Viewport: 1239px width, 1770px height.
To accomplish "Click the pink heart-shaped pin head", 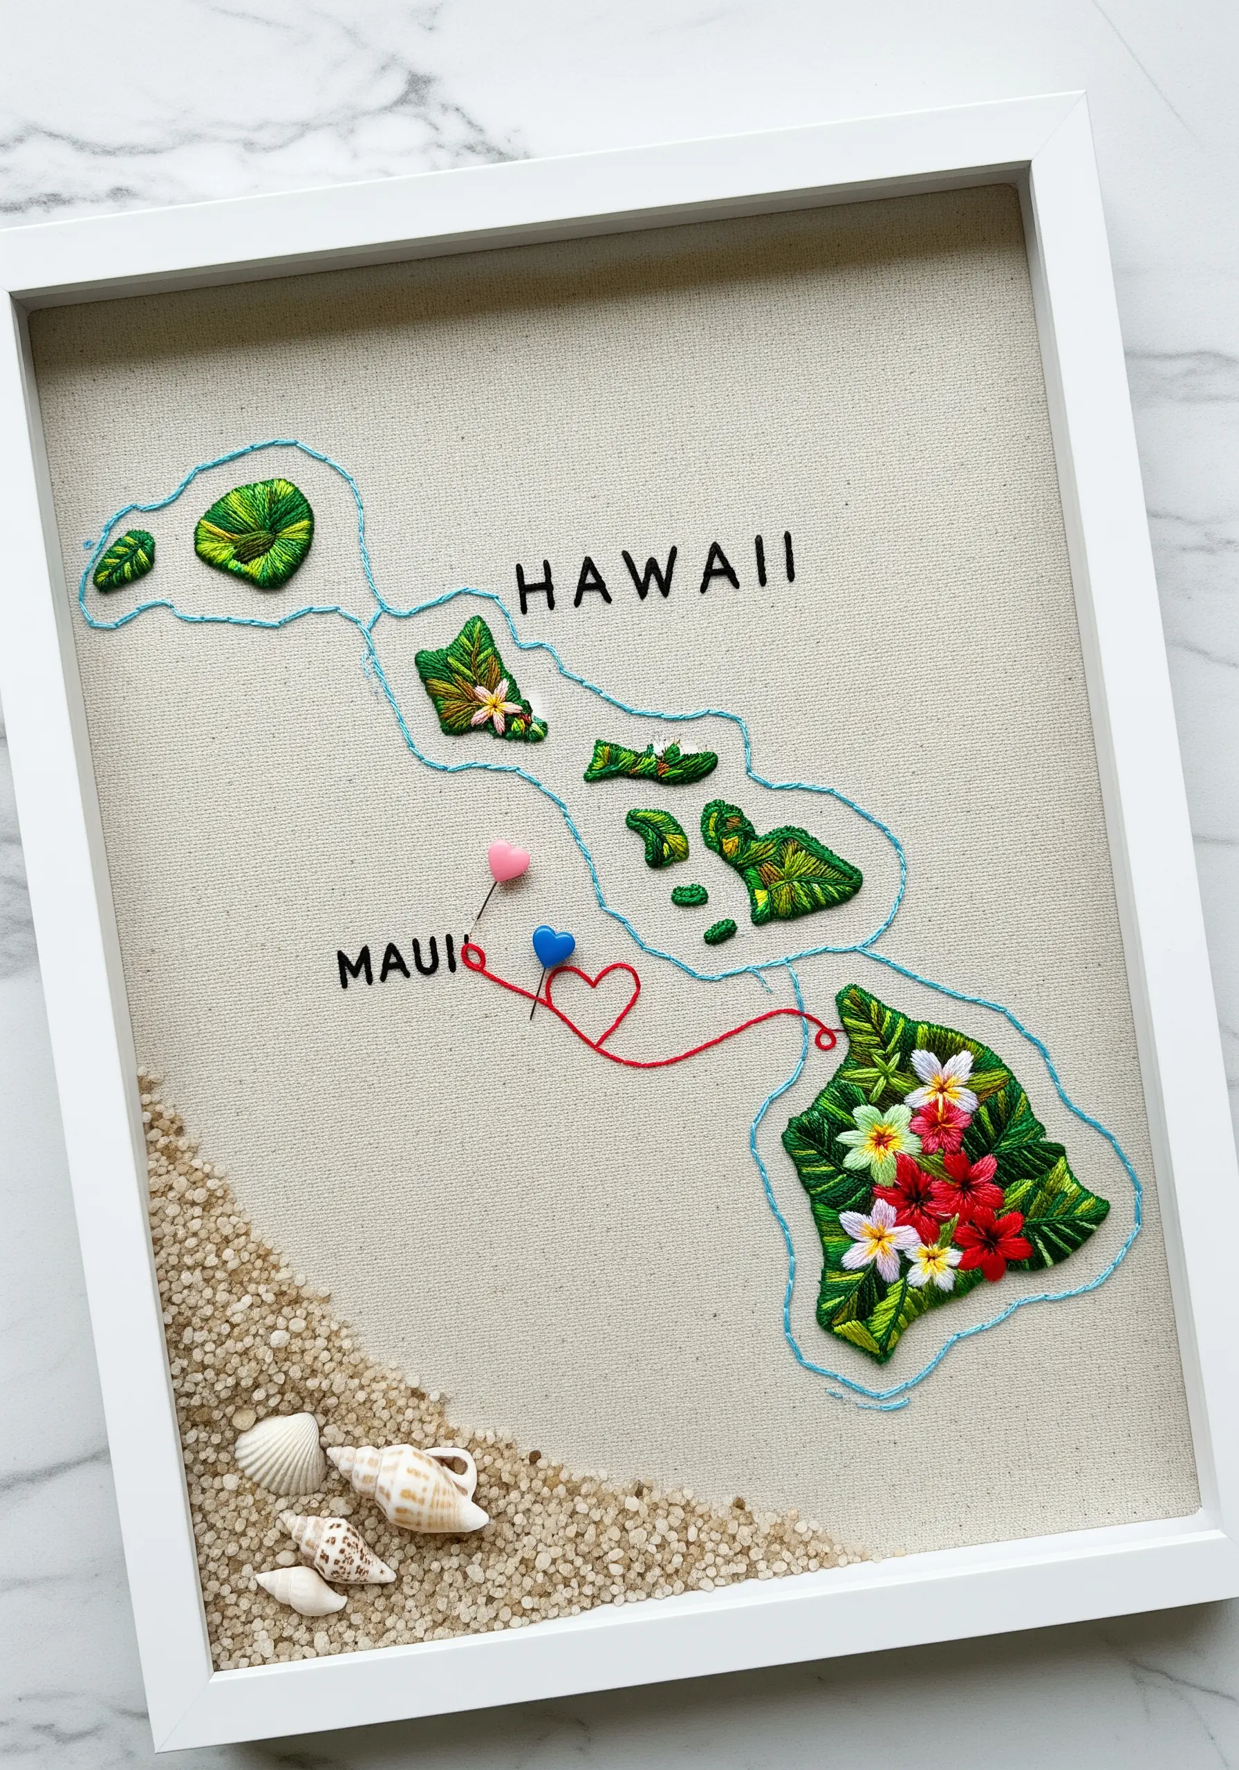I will [508, 860].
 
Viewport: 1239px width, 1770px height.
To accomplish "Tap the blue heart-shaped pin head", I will [553, 945].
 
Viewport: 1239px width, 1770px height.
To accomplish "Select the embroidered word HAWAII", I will [655, 572].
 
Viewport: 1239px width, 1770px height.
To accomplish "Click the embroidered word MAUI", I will [398, 965].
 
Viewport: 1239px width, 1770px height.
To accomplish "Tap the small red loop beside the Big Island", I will [826, 1039].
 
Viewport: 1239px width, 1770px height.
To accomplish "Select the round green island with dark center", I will [254, 531].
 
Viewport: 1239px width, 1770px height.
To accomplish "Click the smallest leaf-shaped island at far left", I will [124, 561].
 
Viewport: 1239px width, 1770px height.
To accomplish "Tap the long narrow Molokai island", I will [649, 762].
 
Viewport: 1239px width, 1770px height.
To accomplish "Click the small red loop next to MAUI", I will [473, 957].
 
